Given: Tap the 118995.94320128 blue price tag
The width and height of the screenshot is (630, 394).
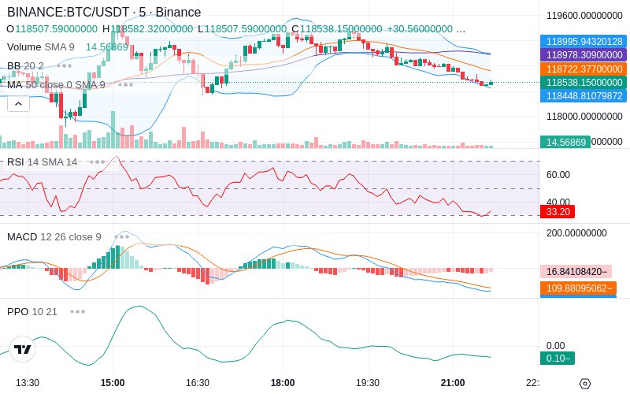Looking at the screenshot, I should point(582,42).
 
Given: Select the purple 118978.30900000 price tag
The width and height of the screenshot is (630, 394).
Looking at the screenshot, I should point(582,55).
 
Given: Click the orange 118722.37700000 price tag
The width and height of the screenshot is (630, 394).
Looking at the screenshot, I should point(582,69).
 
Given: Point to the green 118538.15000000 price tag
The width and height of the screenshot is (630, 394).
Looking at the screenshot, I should point(582,83).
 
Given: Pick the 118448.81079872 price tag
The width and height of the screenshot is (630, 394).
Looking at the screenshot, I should point(582,96).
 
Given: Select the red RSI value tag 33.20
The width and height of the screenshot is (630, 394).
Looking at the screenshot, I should point(558,212).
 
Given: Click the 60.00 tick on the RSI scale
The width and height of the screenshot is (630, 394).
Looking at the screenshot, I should point(558,175).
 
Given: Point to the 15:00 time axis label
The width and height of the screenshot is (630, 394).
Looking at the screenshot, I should point(113,383).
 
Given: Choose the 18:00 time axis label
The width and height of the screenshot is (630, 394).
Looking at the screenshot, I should point(283,383).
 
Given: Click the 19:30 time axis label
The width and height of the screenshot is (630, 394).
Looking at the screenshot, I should point(368,383).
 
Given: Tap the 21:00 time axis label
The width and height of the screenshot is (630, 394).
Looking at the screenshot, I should point(453,383).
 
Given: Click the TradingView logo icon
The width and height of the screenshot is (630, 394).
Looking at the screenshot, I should point(23,349).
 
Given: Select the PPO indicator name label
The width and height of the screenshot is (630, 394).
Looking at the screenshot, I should point(17,311).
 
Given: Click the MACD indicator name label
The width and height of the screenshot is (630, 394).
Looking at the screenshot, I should point(22,236).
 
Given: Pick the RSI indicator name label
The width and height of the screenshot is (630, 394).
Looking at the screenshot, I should point(15,162).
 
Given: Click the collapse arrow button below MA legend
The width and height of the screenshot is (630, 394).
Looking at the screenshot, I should point(18,103).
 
